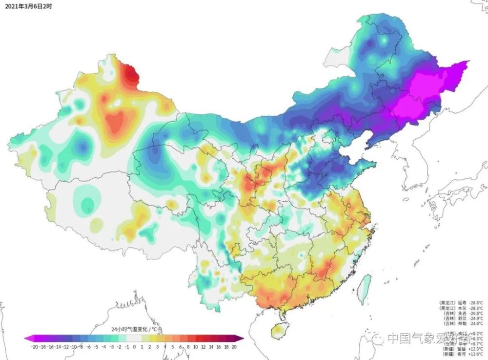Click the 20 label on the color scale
(x=234, y=346)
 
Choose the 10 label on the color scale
(x=195, y=346)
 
